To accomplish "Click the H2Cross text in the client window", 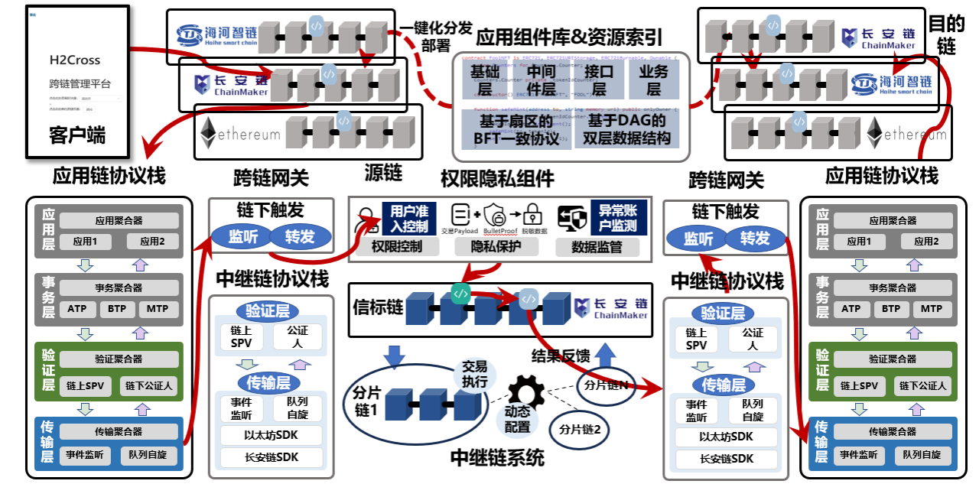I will pyautogui.click(x=75, y=60).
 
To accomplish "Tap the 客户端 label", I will pyautogui.click(x=77, y=136).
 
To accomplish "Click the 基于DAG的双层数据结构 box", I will pyautogui.click(x=627, y=129).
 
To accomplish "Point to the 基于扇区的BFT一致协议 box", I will pyautogui.click(x=516, y=129).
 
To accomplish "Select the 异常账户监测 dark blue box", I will pyautogui.click(x=618, y=219).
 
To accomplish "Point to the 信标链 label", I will pyautogui.click(x=378, y=307).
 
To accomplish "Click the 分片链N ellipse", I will pyautogui.click(x=606, y=385).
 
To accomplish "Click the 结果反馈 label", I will pyautogui.click(x=561, y=356).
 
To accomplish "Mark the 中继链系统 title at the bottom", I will pyautogui.click(x=497, y=458).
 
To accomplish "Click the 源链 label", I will pyautogui.click(x=383, y=172).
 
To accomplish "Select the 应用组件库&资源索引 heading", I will pyautogui.click(x=569, y=36).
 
